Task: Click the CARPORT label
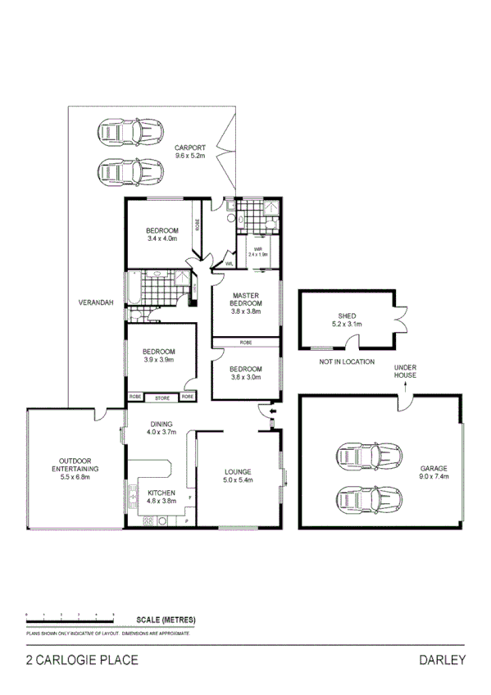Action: [x=189, y=148]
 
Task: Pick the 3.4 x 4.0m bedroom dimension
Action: [x=161, y=239]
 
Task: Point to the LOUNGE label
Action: [x=239, y=471]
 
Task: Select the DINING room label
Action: [x=161, y=424]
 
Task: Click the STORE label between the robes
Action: [x=162, y=397]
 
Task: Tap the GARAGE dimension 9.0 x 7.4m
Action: [x=434, y=476]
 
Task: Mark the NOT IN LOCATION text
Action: [x=347, y=361]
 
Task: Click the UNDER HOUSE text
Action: [x=405, y=371]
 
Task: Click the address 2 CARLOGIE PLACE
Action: [x=81, y=661]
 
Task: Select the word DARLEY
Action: [x=443, y=661]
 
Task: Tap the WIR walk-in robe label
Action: [x=257, y=248]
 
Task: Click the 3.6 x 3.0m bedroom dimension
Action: [x=245, y=377]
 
